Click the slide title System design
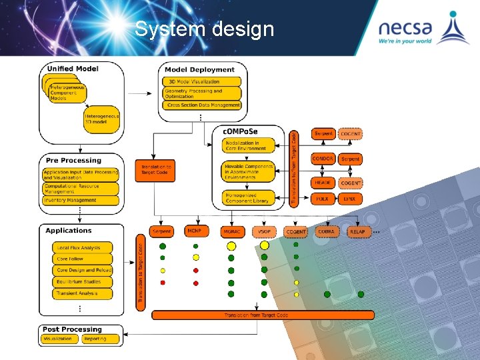[204, 29]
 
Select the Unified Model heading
[73, 68]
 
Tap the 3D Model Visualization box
[201, 82]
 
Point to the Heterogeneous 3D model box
[101, 119]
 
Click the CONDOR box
[323, 159]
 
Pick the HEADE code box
[323, 183]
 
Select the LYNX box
[350, 199]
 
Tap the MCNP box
[194, 231]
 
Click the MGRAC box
[231, 231]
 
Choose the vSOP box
[264, 231]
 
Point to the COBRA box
[327, 231]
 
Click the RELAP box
[358, 231]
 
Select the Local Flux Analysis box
[82, 247]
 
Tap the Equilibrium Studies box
[82, 282]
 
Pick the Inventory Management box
[80, 200]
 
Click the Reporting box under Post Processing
[95, 339]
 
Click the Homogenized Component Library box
[248, 198]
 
